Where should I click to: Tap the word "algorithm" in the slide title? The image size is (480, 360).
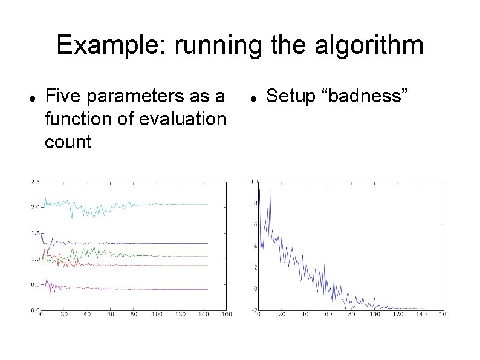coord(360,46)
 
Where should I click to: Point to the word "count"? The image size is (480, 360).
coord(68,143)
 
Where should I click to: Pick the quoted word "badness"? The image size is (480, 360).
coord(366,96)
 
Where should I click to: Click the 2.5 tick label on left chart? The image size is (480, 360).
coord(35,182)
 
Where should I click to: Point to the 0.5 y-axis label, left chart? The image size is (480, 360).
coord(35,284)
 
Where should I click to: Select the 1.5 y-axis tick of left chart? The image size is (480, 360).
coord(35,233)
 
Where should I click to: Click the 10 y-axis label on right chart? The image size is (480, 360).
coord(254,182)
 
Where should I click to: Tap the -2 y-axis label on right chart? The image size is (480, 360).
coord(254,310)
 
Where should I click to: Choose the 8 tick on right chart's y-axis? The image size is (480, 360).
coord(256,203)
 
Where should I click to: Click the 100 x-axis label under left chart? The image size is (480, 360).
coord(157,315)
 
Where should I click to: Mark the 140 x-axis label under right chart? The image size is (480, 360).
coord(421,315)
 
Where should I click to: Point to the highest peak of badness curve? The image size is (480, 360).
coord(269,190)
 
